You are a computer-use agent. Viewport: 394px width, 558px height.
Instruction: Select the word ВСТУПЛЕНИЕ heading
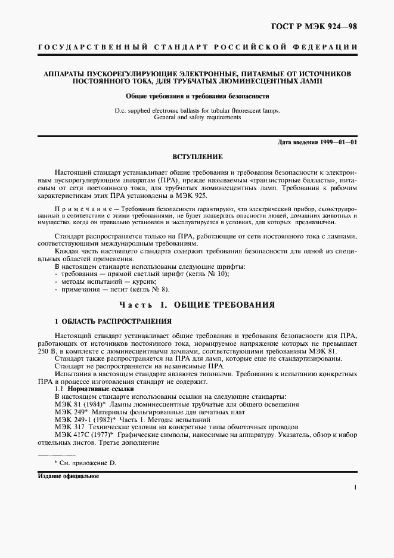point(197,157)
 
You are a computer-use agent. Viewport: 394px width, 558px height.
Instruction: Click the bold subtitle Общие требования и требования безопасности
point(197,95)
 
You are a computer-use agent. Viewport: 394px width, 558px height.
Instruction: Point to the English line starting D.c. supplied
point(197,111)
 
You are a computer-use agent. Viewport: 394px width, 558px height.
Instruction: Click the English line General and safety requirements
point(197,118)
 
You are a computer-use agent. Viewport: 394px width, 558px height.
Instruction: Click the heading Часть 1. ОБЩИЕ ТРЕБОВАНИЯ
point(197,305)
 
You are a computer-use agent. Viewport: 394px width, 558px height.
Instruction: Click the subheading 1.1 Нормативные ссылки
point(86,389)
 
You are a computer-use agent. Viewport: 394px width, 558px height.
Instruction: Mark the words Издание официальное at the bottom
point(68,477)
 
